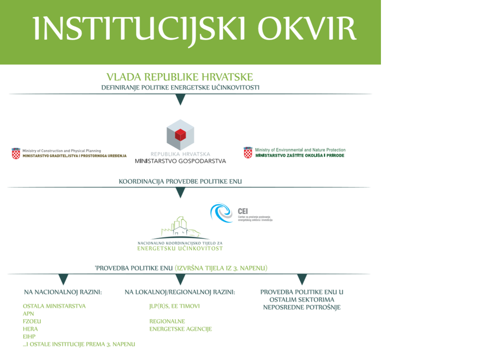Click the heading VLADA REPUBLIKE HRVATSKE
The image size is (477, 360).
pos(180,77)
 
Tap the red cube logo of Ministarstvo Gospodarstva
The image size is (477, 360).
pos(180,135)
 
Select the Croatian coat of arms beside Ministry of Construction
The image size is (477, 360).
pos(16,153)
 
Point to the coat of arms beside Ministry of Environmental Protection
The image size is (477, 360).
pos(248,152)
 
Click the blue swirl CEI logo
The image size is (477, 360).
pos(221,213)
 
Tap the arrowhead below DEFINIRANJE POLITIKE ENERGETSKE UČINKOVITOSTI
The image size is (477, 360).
pos(180,99)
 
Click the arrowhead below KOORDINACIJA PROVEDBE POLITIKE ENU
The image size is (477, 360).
pos(180,192)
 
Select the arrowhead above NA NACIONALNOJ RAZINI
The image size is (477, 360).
pos(63,279)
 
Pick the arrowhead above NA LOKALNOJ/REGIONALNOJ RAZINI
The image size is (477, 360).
pos(180,279)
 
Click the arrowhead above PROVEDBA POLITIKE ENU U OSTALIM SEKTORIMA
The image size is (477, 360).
pos(302,279)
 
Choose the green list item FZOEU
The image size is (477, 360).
pos(32,321)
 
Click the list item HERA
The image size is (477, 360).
pos(30,329)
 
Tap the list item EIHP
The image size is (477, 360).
pos(29,337)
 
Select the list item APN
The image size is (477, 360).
pos(29,314)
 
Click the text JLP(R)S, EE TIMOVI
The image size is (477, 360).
pos(174,306)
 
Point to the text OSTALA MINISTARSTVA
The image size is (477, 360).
pos(54,306)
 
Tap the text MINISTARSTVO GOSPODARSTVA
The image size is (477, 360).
pos(181,161)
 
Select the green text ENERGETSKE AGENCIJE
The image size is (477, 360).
pos(181,329)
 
